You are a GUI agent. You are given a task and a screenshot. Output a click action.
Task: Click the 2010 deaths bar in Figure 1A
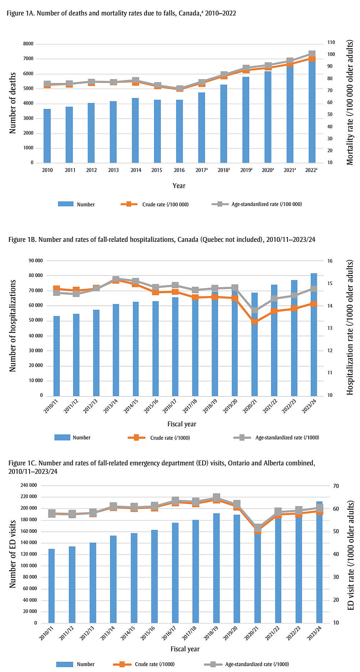[x=47, y=136]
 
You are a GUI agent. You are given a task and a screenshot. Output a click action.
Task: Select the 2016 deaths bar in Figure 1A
[x=179, y=131]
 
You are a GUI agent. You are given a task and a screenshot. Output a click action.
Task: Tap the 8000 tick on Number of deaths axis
[x=28, y=44]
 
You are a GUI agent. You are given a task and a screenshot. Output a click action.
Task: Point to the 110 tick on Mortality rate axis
[x=331, y=42]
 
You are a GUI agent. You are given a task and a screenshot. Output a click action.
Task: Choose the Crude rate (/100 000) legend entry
[x=155, y=204]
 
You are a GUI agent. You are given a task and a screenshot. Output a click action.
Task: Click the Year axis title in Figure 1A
[x=179, y=186]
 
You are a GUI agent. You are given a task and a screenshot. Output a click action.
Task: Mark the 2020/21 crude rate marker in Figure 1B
[x=255, y=321]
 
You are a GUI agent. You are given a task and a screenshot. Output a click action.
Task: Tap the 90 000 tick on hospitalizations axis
[x=36, y=261]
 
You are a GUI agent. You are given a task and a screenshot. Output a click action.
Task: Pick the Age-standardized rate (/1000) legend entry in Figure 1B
[x=276, y=437]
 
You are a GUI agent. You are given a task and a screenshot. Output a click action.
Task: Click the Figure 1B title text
[x=162, y=239]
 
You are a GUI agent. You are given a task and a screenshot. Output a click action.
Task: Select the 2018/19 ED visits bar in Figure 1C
[x=216, y=568]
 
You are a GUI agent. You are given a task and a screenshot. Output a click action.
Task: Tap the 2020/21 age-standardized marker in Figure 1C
[x=257, y=528]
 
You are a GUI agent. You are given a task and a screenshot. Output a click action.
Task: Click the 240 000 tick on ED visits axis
[x=29, y=485]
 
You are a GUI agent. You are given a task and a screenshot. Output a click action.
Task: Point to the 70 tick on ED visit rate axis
[x=336, y=486]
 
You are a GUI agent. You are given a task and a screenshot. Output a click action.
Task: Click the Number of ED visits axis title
[x=13, y=554]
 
